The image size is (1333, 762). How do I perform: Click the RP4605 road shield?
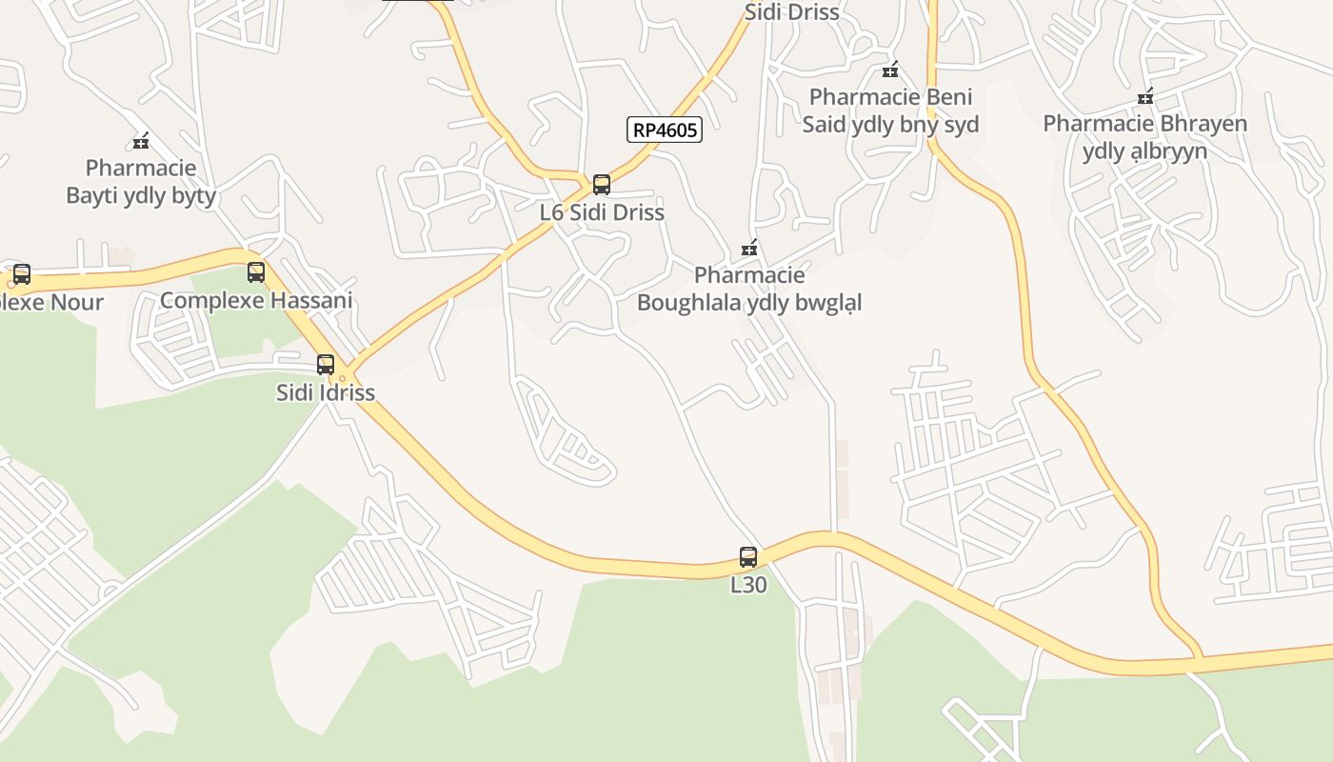[665, 130]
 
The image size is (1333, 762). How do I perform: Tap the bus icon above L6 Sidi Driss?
[601, 185]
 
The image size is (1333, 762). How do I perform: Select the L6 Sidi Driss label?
[602, 212]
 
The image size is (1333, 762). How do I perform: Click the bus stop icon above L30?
[748, 557]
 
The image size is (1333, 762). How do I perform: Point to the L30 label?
[748, 585]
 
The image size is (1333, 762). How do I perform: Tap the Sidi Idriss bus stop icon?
[326, 365]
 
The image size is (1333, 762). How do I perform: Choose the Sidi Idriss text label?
[326, 392]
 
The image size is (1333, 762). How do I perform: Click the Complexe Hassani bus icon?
[256, 272]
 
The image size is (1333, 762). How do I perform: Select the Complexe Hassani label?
[256, 300]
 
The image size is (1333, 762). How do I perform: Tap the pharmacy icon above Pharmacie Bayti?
[141, 142]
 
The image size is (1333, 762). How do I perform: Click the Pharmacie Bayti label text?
[141, 182]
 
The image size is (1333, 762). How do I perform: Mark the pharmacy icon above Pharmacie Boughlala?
[749, 249]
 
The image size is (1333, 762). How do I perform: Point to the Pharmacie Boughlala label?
[749, 289]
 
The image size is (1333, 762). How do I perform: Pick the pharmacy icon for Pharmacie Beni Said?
[890, 70]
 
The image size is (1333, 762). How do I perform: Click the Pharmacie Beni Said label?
[890, 110]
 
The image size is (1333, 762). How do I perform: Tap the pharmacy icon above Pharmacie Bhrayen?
[1145, 96]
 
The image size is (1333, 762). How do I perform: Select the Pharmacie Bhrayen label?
[1144, 137]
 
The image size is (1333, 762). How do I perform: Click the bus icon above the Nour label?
[22, 274]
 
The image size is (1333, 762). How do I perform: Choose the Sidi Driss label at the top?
[791, 12]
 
